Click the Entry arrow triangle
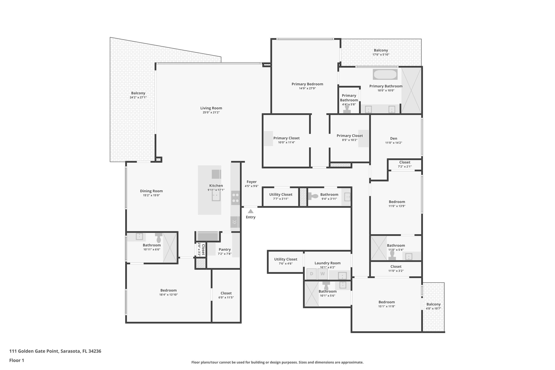[x=251, y=211]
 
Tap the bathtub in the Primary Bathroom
[x=385, y=74]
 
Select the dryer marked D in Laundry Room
[x=311, y=274]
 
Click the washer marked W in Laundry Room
[x=322, y=274]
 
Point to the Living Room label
[x=211, y=108]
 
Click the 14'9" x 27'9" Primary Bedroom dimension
[x=307, y=88]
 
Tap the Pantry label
[x=225, y=249]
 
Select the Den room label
[x=393, y=138]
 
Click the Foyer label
[x=251, y=182]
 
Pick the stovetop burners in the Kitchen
[x=235, y=198]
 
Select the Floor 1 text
[x=17, y=360]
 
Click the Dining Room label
[x=151, y=191]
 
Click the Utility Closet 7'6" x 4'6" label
[x=286, y=259]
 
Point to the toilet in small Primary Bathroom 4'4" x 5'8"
[x=347, y=109]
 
